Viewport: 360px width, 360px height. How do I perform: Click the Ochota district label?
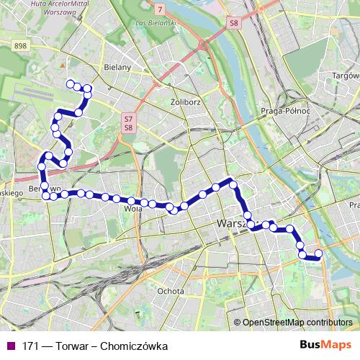(166, 291)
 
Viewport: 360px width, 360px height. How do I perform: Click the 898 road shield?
(19, 45)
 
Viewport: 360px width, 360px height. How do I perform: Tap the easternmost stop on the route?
(318, 253)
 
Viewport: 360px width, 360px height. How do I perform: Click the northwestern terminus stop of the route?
(71, 84)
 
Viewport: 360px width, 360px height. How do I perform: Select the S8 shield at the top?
(233, 23)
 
